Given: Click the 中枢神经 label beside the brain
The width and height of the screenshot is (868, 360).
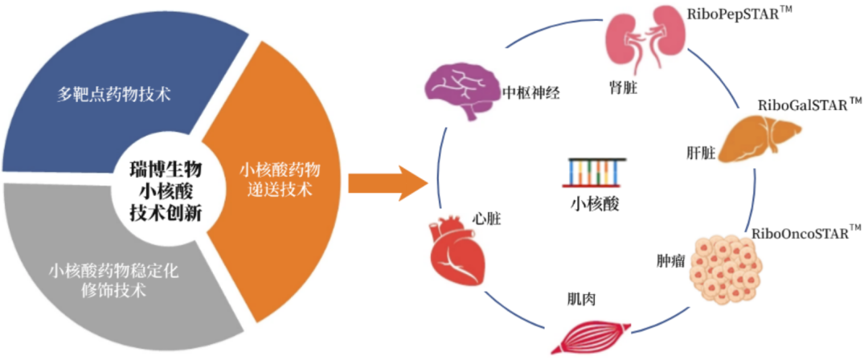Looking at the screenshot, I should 530,92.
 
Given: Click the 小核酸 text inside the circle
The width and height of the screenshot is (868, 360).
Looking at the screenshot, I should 595,203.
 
